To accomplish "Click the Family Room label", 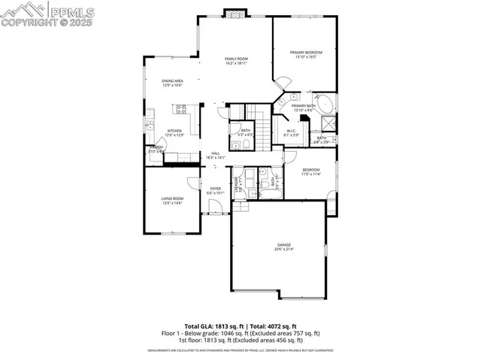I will tap(237, 59).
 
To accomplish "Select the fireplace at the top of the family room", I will tap(235, 14).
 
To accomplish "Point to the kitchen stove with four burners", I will tap(181, 109).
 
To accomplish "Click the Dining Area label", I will tap(174, 81).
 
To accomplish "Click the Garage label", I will tap(283, 245).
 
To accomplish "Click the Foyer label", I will tap(216, 189).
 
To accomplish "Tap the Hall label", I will tap(216, 153).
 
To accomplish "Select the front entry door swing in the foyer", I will tap(216, 207).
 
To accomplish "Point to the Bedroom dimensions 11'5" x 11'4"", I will tap(311, 174).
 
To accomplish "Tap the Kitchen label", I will tap(174, 131).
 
